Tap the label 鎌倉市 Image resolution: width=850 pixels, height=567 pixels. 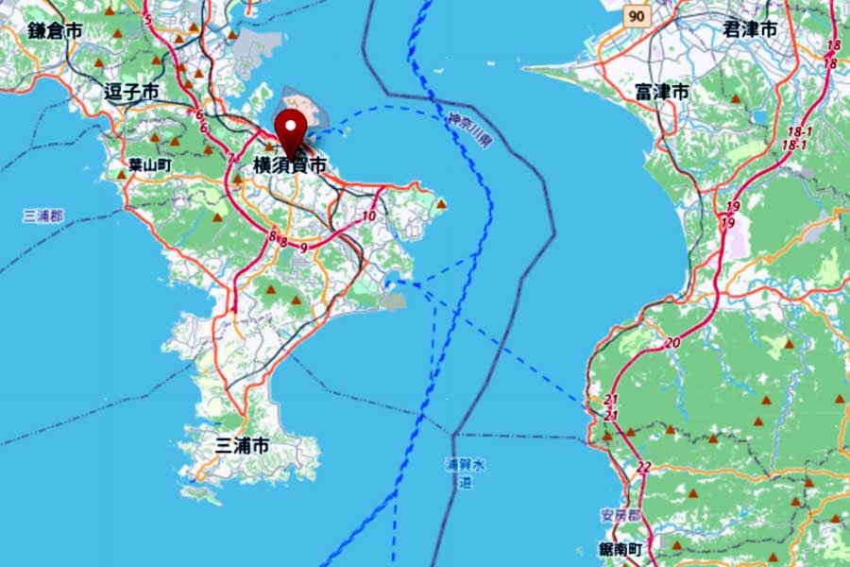tap(54, 30)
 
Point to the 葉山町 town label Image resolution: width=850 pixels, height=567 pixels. tap(149, 164)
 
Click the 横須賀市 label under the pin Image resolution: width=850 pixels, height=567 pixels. tap(290, 165)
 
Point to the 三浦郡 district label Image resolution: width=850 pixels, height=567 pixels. tap(42, 215)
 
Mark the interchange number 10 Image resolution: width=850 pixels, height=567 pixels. tap(368, 216)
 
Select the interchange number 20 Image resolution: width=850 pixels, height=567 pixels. tap(671, 342)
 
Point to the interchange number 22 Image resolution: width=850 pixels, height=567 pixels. tap(643, 467)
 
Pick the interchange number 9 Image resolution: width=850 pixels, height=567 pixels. tap(302, 248)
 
